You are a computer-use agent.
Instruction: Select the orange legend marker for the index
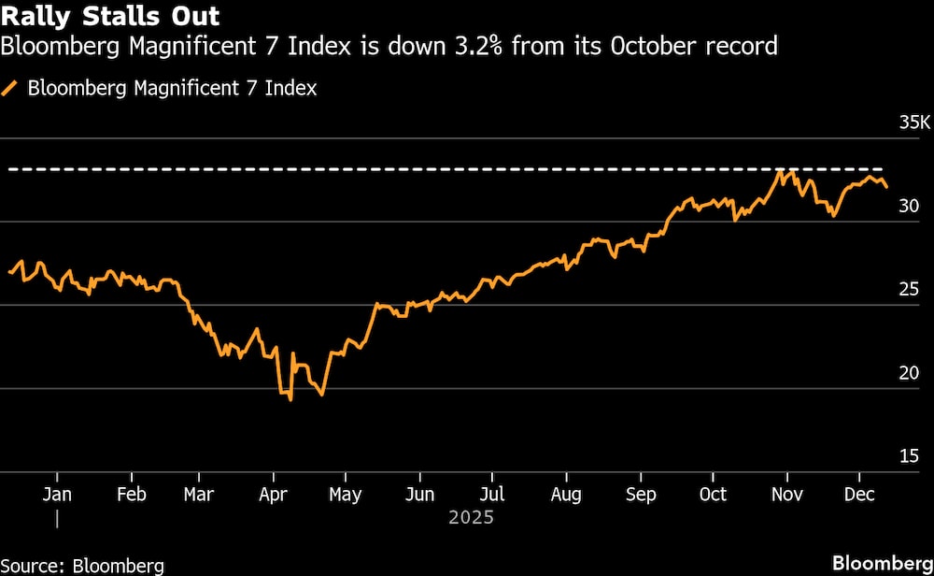click(x=11, y=89)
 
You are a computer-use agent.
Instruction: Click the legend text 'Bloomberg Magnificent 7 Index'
click(x=172, y=89)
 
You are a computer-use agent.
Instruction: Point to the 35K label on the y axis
click(x=913, y=123)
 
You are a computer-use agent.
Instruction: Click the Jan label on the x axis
click(x=57, y=495)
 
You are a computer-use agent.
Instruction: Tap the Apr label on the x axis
click(x=273, y=495)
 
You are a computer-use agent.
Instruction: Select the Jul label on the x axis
click(x=493, y=495)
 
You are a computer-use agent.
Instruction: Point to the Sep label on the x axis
click(x=640, y=495)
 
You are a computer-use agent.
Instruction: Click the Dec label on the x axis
click(x=859, y=495)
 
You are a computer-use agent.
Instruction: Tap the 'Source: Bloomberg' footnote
click(x=82, y=565)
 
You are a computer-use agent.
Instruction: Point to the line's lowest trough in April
click(x=290, y=400)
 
